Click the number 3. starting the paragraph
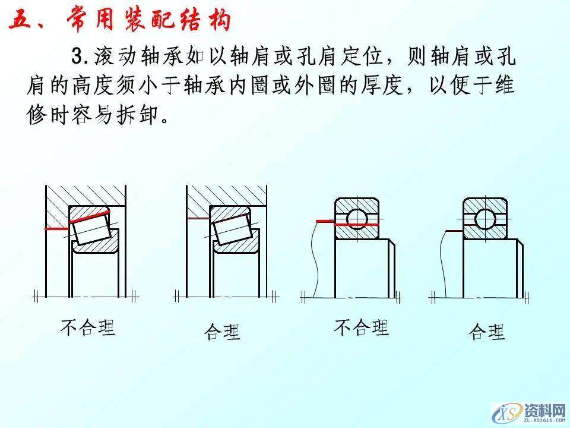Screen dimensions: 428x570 [80, 57]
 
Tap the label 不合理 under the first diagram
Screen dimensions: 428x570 [87, 327]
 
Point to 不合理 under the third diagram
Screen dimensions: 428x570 [361, 327]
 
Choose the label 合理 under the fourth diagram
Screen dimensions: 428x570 [487, 332]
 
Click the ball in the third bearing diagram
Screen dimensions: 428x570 [357, 218]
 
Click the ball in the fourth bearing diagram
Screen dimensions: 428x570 [485, 218]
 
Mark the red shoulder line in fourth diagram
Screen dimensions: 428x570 [454, 231]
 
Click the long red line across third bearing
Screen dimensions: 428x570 [347, 224]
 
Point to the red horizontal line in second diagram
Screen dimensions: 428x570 [198, 219]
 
